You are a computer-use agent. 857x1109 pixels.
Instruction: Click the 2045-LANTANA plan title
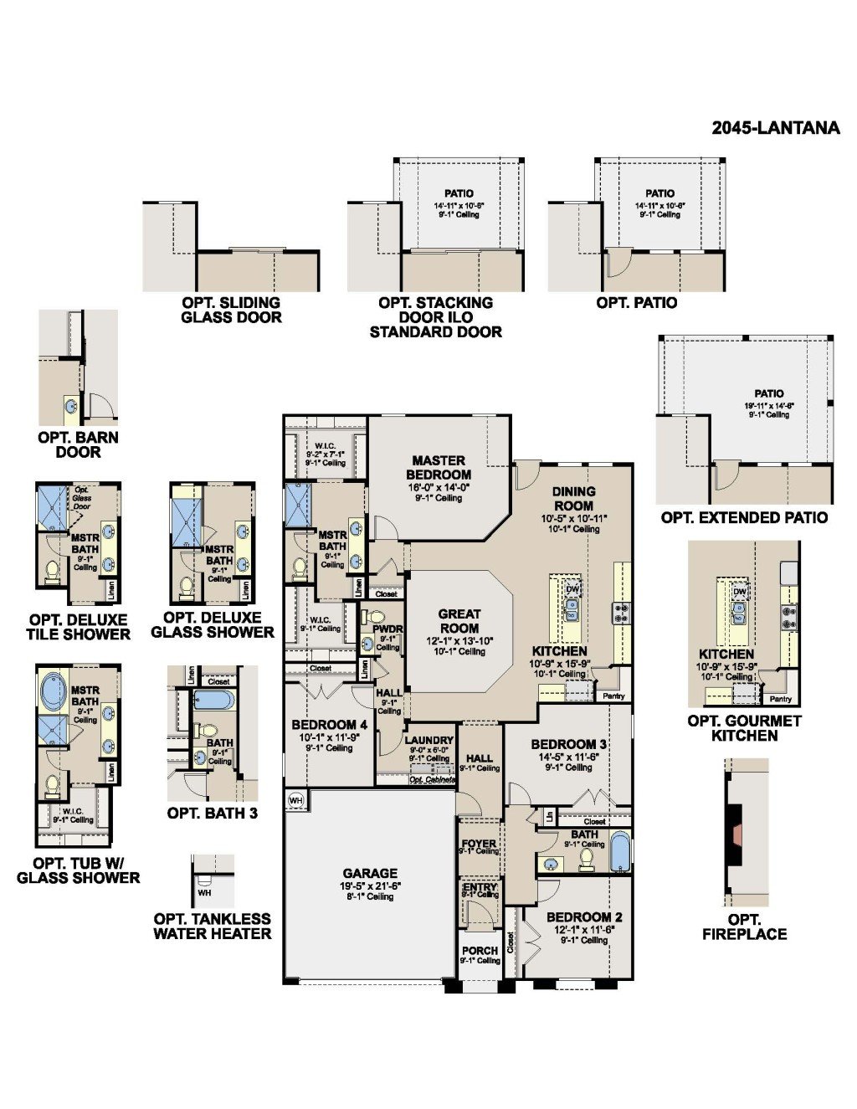tap(775, 128)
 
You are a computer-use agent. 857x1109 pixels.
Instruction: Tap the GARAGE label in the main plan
tap(369, 873)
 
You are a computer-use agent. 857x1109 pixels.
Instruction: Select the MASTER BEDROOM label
tap(439, 467)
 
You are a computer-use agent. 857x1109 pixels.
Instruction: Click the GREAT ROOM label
tap(459, 620)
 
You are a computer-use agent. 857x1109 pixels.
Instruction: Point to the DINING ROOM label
tap(573, 498)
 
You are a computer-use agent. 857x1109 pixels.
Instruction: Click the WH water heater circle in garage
tap(295, 800)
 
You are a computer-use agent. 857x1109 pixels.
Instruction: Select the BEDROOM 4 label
tap(329, 725)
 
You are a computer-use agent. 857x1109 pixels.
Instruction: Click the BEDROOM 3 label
tap(568, 744)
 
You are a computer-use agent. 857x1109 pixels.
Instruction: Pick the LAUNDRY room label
tap(428, 740)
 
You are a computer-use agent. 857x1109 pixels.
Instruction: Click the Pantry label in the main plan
tap(613, 696)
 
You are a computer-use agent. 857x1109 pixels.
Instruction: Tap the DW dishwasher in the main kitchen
tap(573, 588)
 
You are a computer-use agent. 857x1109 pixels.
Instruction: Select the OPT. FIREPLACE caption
tap(744, 927)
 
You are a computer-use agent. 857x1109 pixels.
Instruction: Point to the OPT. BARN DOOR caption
tap(78, 444)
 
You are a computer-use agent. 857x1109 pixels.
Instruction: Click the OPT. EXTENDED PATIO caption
tap(744, 517)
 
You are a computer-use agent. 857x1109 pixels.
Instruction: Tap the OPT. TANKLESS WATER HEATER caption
tap(212, 926)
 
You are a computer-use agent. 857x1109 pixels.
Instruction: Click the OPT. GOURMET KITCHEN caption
tap(744, 727)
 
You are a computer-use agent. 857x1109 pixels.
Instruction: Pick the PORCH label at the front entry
tap(480, 951)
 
